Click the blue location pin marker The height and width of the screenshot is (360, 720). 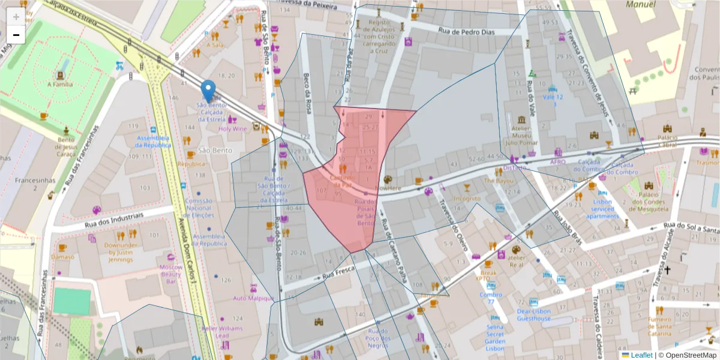coord(208,91)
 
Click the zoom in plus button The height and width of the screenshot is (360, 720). coord(16,16)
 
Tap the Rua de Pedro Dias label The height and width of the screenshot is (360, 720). coord(466,31)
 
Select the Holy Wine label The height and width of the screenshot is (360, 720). coord(232,128)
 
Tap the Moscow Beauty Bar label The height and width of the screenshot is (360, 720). coord(170,274)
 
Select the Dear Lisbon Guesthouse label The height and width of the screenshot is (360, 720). coord(533,315)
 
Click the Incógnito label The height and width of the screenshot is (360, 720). coord(467,198)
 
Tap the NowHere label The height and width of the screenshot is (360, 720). coord(388,188)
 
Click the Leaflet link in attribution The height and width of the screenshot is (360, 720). coord(641,355)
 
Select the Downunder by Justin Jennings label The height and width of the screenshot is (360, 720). coord(121,253)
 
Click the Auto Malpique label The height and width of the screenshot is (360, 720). coord(253,298)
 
